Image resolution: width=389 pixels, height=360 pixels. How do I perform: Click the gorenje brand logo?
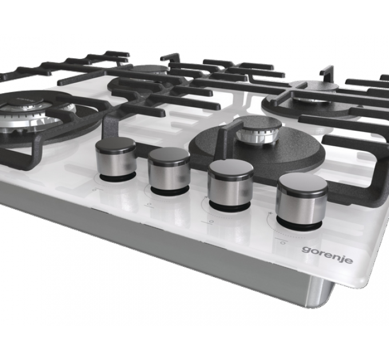tap(327, 255)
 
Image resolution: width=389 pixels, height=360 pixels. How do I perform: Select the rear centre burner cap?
tap(148, 69)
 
